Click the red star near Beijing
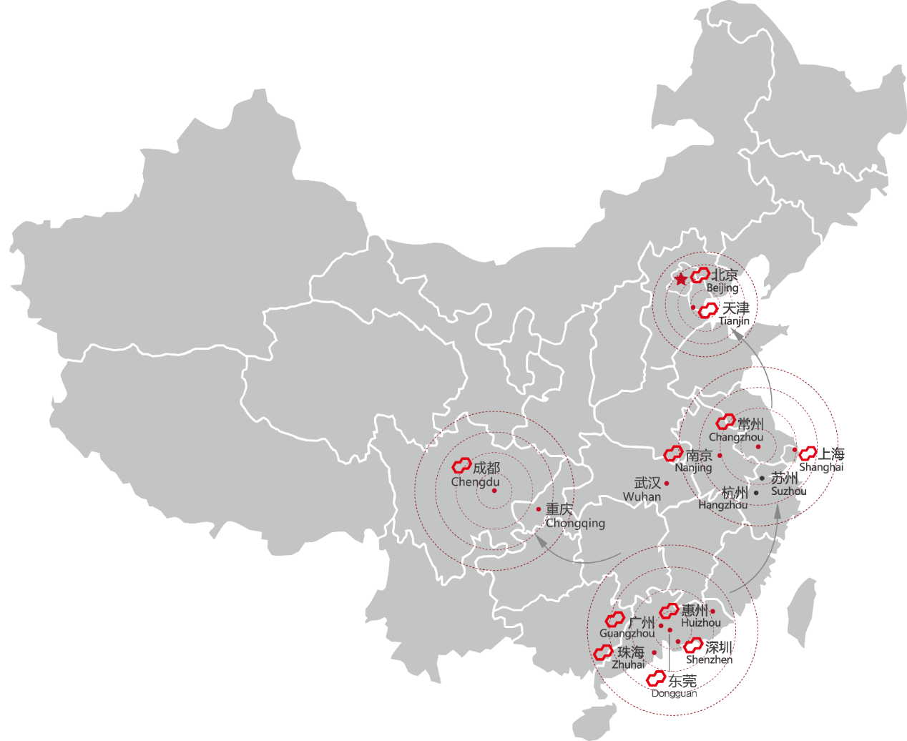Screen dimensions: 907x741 pyautogui.click(x=681, y=279)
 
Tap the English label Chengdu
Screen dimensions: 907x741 pyautogui.click(x=475, y=482)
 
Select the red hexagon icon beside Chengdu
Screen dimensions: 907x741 pyautogui.click(x=461, y=466)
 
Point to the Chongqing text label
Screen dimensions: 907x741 pyautogui.click(x=576, y=523)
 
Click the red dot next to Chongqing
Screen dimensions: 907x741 pyautogui.click(x=539, y=509)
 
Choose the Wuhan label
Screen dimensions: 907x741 pyautogui.click(x=642, y=496)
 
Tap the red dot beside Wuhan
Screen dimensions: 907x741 pyautogui.click(x=667, y=484)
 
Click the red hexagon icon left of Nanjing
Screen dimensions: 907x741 pyautogui.click(x=673, y=453)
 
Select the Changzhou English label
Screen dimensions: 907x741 pyautogui.click(x=736, y=437)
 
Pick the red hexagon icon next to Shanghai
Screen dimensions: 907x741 pyautogui.click(x=808, y=453)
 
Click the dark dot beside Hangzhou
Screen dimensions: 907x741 pyautogui.click(x=756, y=493)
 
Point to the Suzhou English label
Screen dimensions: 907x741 pyautogui.click(x=788, y=491)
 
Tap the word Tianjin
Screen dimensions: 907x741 pyautogui.click(x=735, y=320)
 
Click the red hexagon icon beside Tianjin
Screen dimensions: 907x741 pyautogui.click(x=708, y=310)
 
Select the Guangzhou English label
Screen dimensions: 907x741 pyautogui.click(x=627, y=634)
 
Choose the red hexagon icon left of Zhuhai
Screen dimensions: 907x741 pyautogui.click(x=603, y=652)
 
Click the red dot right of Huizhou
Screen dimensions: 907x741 pyautogui.click(x=712, y=612)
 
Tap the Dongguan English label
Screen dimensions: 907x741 pyautogui.click(x=674, y=692)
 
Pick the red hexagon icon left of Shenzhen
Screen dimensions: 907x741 pyautogui.click(x=693, y=647)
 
